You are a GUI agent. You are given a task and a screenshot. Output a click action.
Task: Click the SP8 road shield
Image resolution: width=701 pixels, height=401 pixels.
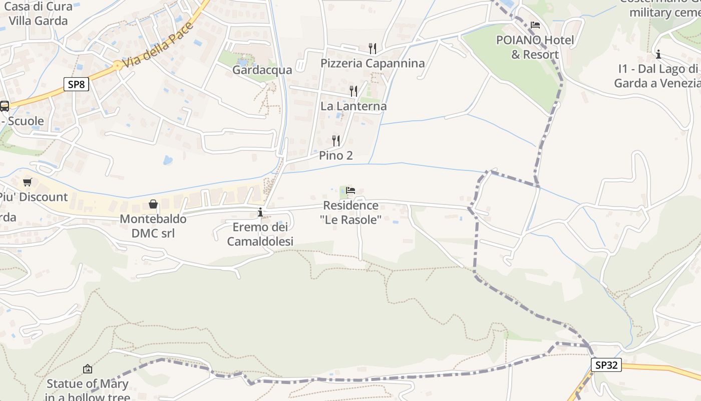point(76,84)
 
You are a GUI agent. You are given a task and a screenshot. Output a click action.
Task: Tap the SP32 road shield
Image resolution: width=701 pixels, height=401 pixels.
point(606,365)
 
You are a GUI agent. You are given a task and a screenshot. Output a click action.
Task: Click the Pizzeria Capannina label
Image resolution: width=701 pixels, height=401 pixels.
point(373,63)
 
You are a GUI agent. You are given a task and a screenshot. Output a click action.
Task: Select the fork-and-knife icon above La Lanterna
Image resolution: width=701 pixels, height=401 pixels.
point(354,91)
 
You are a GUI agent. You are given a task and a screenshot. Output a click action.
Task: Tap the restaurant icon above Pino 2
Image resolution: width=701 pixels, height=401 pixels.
point(336,140)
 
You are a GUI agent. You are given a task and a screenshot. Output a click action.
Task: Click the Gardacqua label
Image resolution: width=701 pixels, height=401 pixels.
point(262,70)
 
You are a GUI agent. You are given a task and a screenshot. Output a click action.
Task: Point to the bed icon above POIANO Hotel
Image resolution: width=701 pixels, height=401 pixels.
point(535,25)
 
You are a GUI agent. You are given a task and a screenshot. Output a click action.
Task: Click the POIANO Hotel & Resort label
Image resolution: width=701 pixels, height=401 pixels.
point(535,47)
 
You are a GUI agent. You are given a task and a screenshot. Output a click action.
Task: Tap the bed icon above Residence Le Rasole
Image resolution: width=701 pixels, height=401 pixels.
point(350,190)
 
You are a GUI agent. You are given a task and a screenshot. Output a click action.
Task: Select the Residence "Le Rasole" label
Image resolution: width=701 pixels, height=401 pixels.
point(350,212)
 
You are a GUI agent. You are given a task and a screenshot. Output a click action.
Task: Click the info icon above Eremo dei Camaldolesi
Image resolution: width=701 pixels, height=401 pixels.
point(260,212)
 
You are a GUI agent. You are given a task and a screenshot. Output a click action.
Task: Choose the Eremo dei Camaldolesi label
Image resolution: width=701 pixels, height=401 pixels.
point(260,234)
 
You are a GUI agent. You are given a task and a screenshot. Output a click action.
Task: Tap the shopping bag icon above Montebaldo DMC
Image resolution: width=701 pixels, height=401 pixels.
point(153,204)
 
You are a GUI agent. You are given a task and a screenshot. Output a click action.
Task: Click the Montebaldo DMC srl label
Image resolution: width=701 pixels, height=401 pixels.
point(153,226)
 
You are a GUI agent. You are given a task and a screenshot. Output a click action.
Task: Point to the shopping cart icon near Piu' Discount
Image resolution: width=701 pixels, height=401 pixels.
point(27,182)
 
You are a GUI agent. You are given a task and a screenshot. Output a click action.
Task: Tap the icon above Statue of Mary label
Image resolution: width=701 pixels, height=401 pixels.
point(88,369)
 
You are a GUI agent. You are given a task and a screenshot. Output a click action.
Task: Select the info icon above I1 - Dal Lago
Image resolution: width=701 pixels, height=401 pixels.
point(658,54)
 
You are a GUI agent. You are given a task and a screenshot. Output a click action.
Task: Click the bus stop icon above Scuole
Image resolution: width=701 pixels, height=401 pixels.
point(5,106)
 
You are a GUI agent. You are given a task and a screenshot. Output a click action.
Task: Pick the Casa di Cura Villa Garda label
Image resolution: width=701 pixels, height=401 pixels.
point(38,14)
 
